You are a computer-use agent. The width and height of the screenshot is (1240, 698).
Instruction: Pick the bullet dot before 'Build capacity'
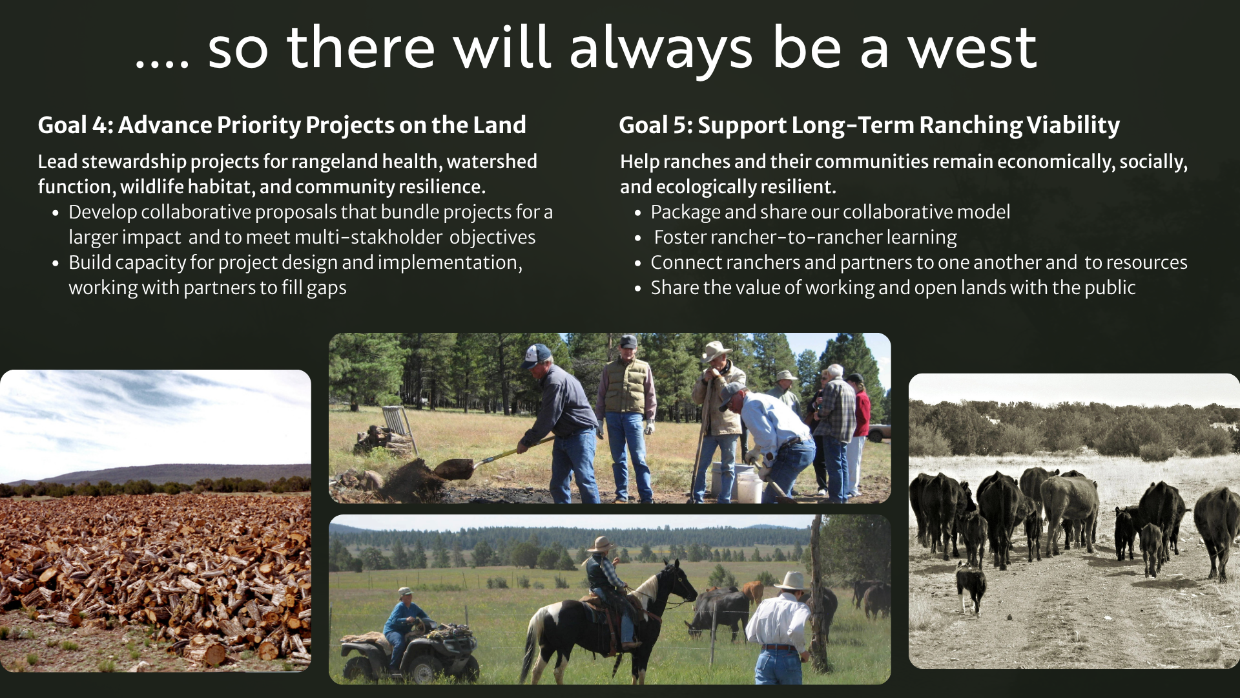click(x=56, y=263)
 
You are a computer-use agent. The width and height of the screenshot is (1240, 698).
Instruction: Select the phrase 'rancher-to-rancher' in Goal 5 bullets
click(x=795, y=237)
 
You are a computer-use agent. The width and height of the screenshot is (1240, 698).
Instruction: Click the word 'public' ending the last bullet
click(x=1110, y=288)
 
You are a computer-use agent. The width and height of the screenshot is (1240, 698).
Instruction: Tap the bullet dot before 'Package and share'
click(x=637, y=213)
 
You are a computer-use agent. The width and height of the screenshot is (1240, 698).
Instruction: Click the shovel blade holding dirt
click(x=454, y=468)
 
